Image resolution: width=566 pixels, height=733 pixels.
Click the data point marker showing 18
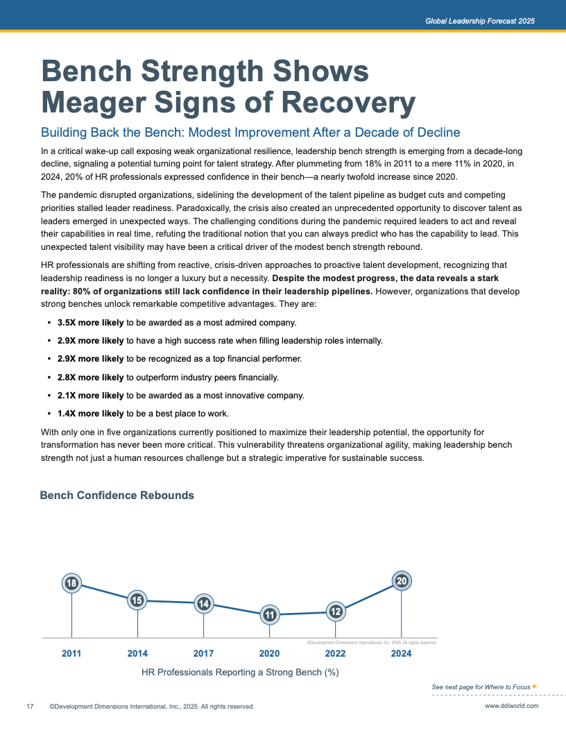(71, 584)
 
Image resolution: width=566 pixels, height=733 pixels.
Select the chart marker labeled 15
(137, 600)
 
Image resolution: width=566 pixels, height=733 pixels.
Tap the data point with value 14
(203, 604)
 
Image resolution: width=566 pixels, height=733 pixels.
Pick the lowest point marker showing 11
(269, 614)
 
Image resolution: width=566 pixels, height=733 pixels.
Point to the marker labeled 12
(336, 612)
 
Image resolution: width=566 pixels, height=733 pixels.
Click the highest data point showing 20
(401, 581)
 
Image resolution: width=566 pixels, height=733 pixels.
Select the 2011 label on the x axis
(71, 653)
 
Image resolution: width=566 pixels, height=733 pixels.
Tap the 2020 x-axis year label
(269, 653)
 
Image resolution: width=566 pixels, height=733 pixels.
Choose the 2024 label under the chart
(401, 653)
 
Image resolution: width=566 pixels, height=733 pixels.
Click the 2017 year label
(203, 653)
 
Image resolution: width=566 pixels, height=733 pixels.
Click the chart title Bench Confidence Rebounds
(117, 496)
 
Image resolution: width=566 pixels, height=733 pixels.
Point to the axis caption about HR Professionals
(240, 673)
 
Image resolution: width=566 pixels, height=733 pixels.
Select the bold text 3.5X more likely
(90, 323)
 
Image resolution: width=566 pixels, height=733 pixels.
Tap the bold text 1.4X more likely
(90, 414)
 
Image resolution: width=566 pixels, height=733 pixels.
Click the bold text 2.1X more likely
(90, 396)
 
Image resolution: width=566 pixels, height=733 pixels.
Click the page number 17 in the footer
(30, 707)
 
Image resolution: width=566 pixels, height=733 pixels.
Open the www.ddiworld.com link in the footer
(511, 707)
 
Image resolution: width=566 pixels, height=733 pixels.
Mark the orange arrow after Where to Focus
(535, 686)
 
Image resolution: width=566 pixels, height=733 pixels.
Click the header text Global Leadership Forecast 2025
(480, 22)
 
